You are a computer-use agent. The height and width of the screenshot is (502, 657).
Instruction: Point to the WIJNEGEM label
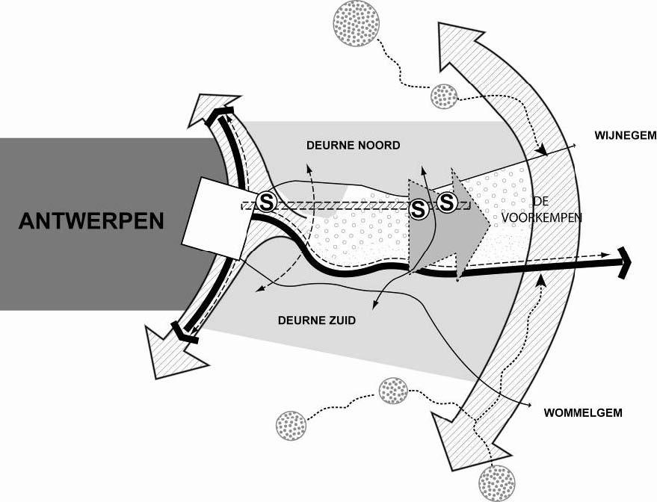(625, 136)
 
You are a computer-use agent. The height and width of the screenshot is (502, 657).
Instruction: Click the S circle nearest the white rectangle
(267, 202)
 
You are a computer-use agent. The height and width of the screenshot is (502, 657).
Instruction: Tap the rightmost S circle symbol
(447, 202)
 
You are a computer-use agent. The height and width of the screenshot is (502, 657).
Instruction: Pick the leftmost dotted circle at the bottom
(291, 425)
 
